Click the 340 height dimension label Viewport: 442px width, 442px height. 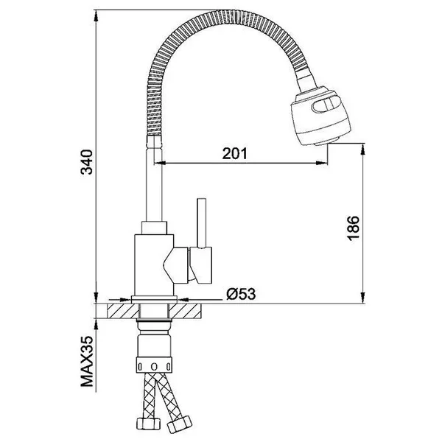click(86, 162)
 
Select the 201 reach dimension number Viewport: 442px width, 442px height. click(234, 154)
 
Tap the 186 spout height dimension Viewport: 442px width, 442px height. click(353, 228)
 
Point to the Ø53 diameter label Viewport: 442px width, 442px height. click(241, 294)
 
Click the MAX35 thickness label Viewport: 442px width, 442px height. click(87, 362)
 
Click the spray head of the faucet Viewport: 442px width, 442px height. click(320, 116)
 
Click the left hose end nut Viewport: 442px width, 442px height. click(148, 424)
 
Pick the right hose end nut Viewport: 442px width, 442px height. click(179, 426)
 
